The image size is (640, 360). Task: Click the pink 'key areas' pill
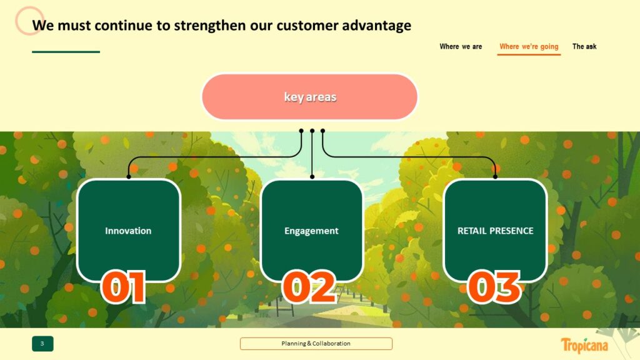[310, 97]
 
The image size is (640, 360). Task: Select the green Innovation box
[129, 231]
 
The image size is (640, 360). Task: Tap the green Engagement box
[311, 231]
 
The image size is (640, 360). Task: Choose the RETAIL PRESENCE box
[495, 231]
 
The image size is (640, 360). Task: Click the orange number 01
[123, 287]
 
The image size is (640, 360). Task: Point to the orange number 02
[309, 287]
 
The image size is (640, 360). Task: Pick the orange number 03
[494, 287]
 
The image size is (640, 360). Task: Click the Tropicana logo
[584, 346]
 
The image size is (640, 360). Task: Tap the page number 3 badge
[42, 344]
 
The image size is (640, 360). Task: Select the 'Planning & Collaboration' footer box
[316, 344]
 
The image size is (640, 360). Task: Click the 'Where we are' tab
[461, 46]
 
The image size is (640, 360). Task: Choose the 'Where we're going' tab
[529, 47]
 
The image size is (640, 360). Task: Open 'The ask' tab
[584, 46]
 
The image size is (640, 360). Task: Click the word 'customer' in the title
[307, 25]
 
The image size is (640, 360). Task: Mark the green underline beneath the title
[66, 52]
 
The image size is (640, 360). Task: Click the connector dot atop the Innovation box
[129, 177]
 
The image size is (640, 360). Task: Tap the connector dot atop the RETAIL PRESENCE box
[495, 177]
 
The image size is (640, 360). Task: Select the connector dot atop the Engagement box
[312, 177]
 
